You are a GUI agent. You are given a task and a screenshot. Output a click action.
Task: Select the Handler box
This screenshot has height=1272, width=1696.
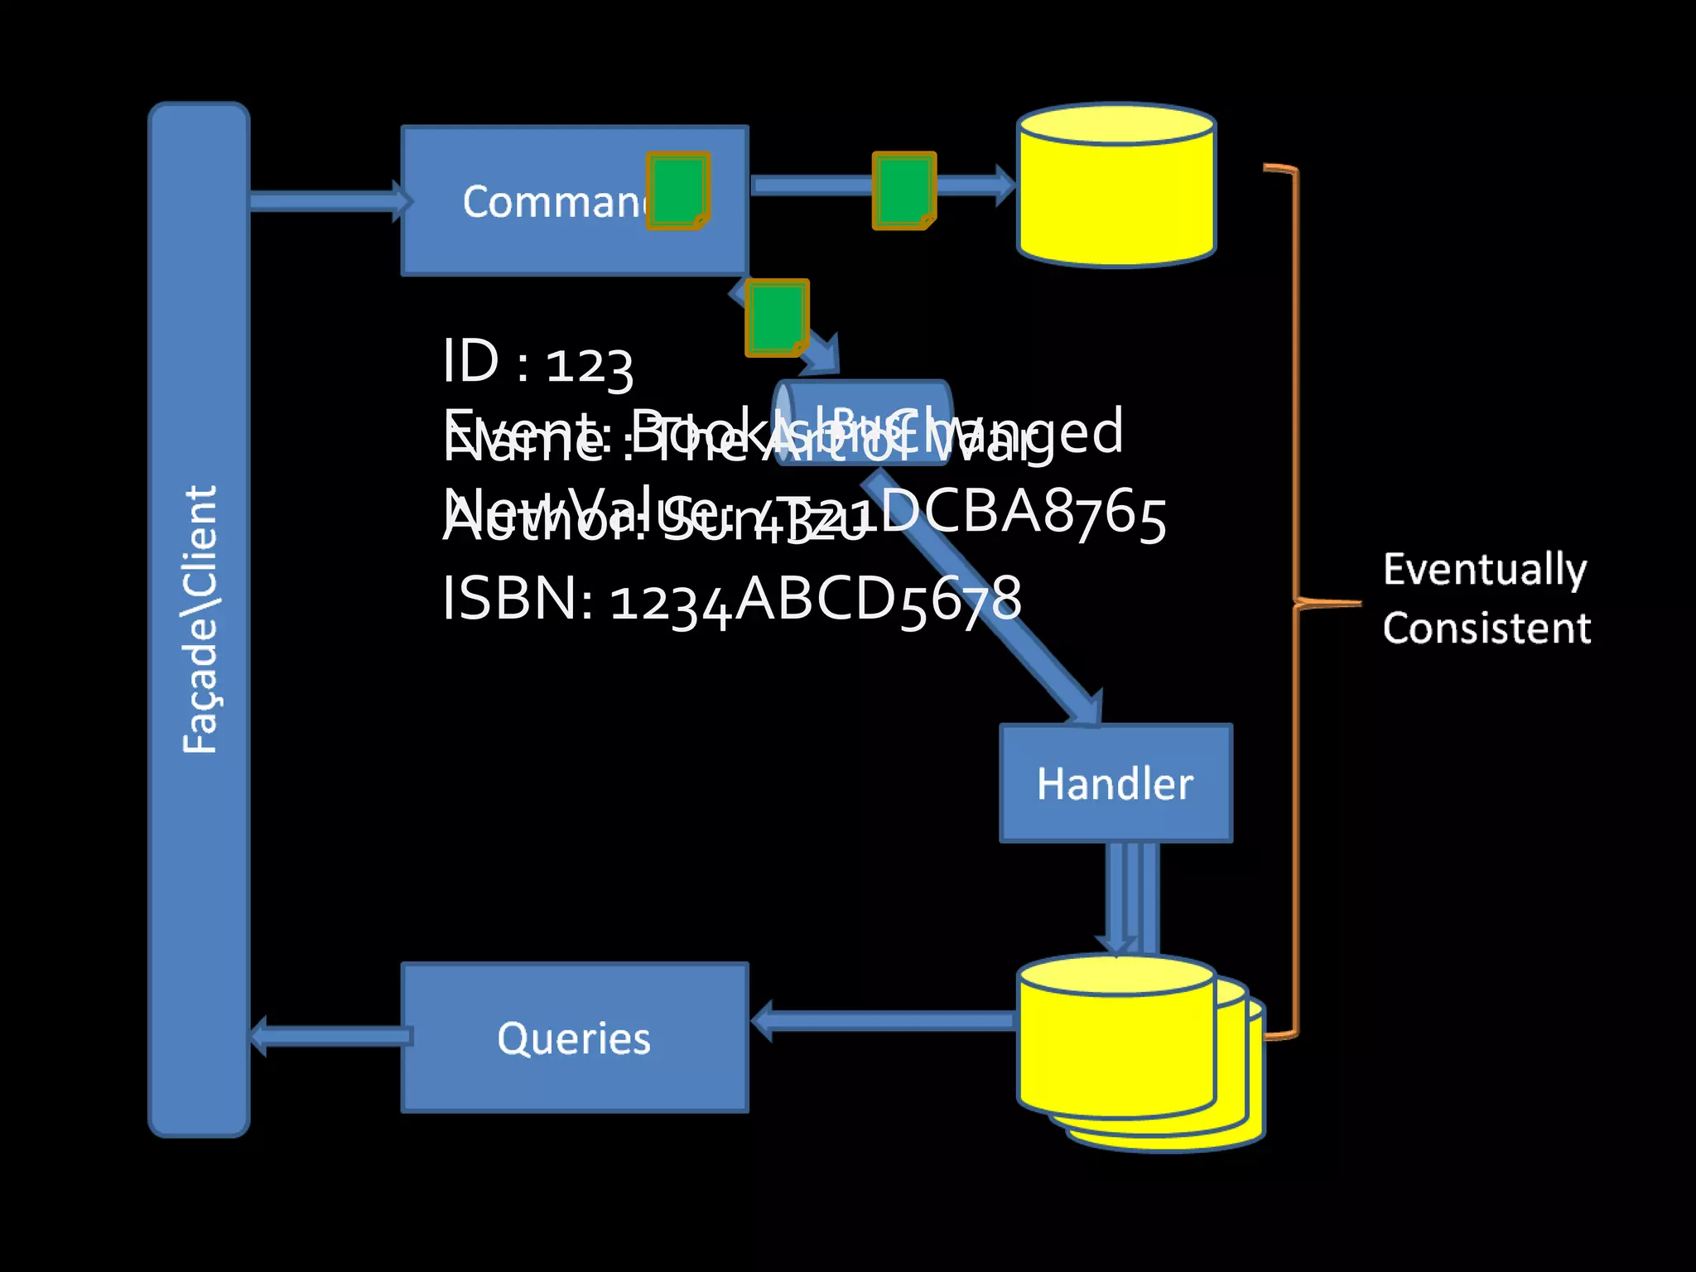[x=1115, y=783]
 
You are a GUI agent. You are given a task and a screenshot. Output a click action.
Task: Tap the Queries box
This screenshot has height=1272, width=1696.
[x=575, y=1038]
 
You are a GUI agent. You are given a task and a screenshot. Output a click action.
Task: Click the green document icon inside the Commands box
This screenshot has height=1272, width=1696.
[x=677, y=190]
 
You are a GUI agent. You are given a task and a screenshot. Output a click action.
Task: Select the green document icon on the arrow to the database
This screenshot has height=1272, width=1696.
[x=903, y=190]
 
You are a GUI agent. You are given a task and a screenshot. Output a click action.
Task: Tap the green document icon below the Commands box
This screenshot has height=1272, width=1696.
[x=776, y=317]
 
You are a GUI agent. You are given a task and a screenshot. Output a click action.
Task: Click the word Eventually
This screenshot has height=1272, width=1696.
[x=1485, y=570]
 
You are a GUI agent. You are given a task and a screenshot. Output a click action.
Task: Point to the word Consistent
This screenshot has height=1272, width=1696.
[x=1486, y=628]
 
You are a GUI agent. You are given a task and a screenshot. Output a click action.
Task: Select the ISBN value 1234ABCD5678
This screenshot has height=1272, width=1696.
[x=816, y=600]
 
